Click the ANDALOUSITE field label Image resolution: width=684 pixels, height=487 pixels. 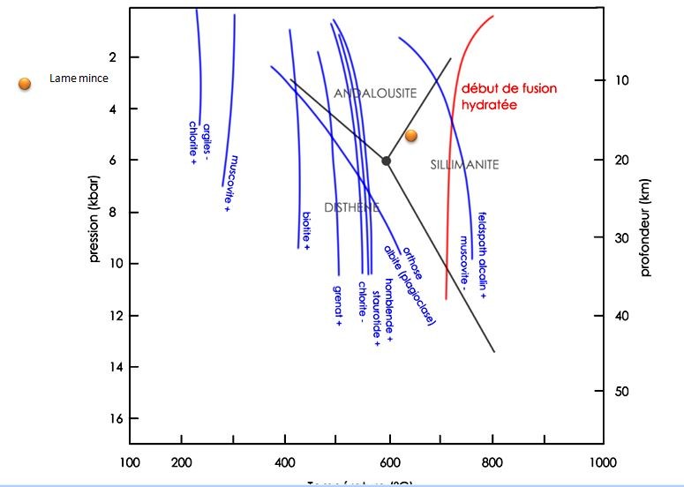[375, 94]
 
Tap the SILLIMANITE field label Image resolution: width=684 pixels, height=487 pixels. [465, 165]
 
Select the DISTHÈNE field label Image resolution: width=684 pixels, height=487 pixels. [352, 208]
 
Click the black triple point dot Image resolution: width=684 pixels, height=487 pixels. [386, 160]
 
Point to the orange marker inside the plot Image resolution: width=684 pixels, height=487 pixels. [411, 136]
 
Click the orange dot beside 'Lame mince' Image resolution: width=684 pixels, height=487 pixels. [26, 84]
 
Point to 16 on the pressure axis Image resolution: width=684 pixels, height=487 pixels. [110, 418]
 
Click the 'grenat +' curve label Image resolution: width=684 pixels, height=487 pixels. [338, 305]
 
